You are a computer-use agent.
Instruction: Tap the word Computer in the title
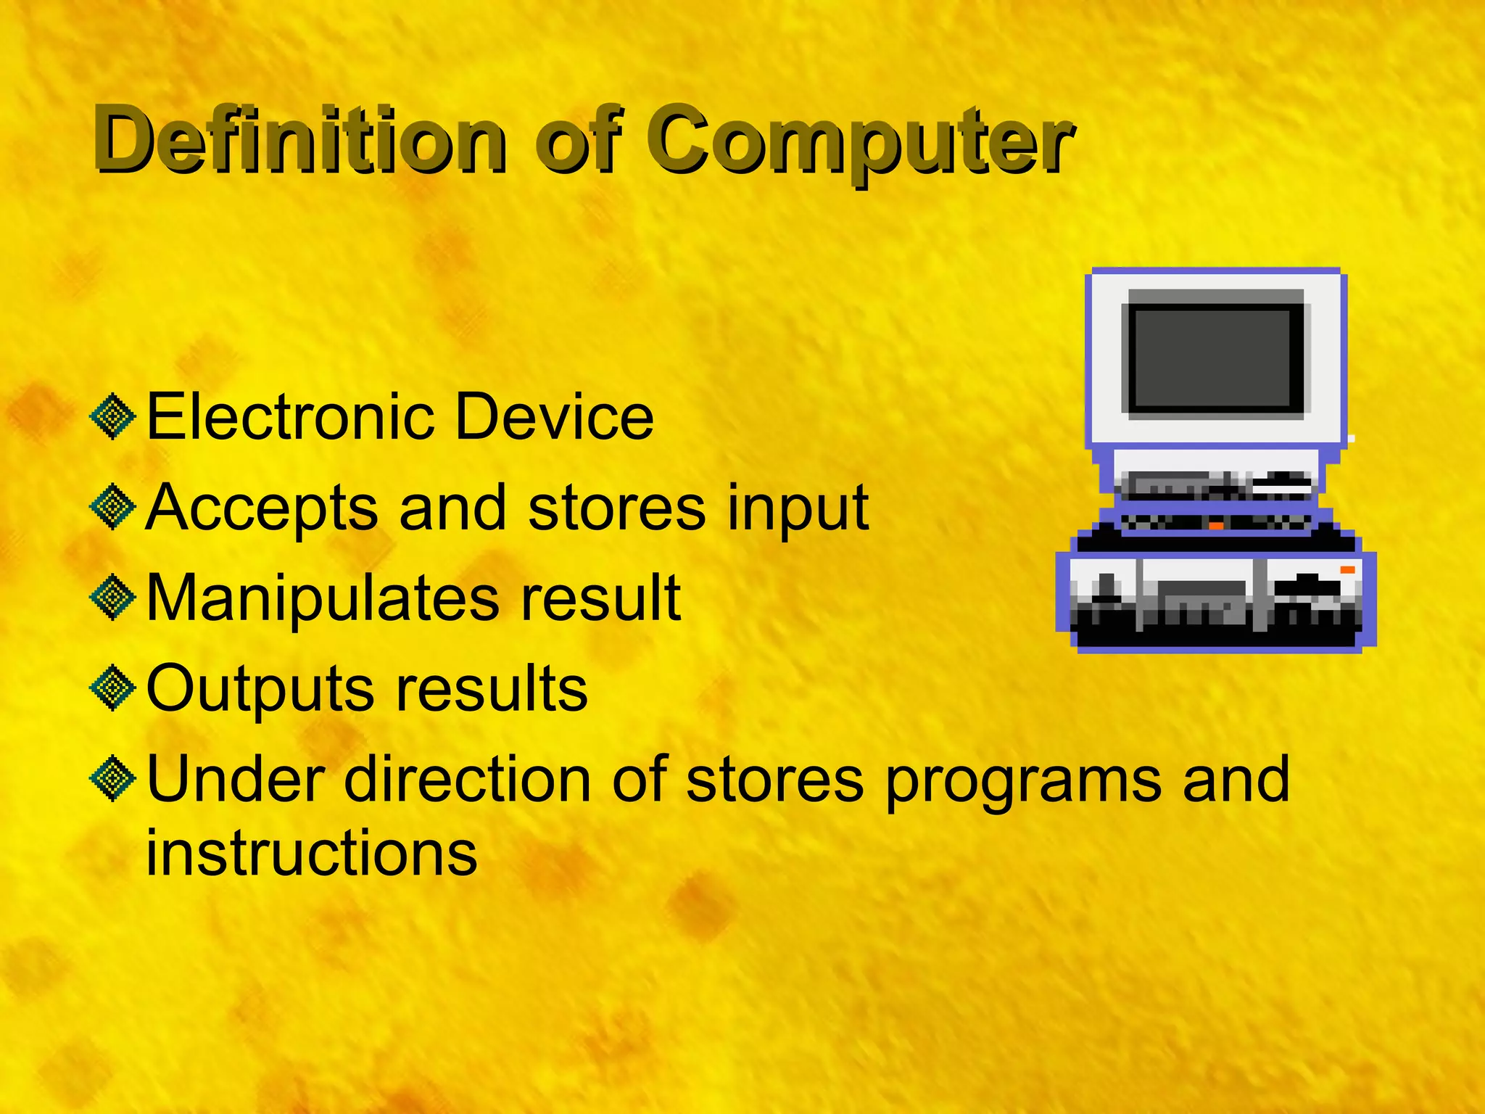[x=863, y=141]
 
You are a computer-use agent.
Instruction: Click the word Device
[x=555, y=416]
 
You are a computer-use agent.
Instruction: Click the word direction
[x=468, y=780]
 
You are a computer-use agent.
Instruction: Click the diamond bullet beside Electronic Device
[x=113, y=417]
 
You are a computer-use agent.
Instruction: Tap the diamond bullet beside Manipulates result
[x=113, y=598]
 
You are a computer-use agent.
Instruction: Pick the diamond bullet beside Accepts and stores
[x=113, y=507]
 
